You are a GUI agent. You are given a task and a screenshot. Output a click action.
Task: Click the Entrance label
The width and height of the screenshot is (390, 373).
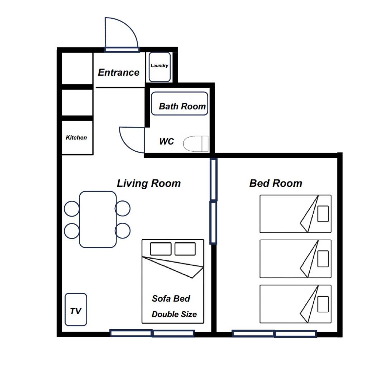119,72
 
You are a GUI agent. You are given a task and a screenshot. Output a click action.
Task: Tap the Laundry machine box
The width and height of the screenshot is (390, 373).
160,67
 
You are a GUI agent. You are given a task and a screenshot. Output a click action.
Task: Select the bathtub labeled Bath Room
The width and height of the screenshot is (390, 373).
180,104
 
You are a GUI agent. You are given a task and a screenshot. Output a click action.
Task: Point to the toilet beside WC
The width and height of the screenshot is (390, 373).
196,144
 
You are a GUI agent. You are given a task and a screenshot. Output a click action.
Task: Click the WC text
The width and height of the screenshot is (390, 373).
166,141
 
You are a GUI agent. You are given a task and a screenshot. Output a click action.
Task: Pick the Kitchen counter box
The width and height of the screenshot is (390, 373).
77,138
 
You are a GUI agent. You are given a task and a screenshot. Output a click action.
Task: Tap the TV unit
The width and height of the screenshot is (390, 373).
76,310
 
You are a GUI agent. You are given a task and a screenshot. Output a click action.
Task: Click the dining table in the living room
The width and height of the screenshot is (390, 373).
98,219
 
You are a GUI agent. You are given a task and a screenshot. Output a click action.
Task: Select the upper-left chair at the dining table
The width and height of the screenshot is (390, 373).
72,208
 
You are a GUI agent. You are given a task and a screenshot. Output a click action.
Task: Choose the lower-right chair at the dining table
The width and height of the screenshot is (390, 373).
123,231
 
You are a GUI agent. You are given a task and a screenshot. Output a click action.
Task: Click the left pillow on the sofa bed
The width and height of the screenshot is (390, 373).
161,249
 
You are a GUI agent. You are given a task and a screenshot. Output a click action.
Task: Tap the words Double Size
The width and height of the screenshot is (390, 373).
174,314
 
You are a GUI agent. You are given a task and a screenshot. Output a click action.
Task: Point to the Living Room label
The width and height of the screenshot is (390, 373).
149,183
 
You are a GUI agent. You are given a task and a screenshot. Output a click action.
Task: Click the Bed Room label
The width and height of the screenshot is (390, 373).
276,183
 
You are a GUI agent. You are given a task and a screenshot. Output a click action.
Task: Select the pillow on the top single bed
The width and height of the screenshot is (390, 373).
323,213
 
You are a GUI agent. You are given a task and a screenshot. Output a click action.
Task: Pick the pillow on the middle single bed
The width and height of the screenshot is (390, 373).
323,259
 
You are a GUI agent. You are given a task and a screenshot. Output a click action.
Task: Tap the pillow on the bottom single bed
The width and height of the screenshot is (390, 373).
323,304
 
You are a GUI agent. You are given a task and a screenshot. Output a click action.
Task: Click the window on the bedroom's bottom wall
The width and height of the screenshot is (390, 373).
274,334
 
